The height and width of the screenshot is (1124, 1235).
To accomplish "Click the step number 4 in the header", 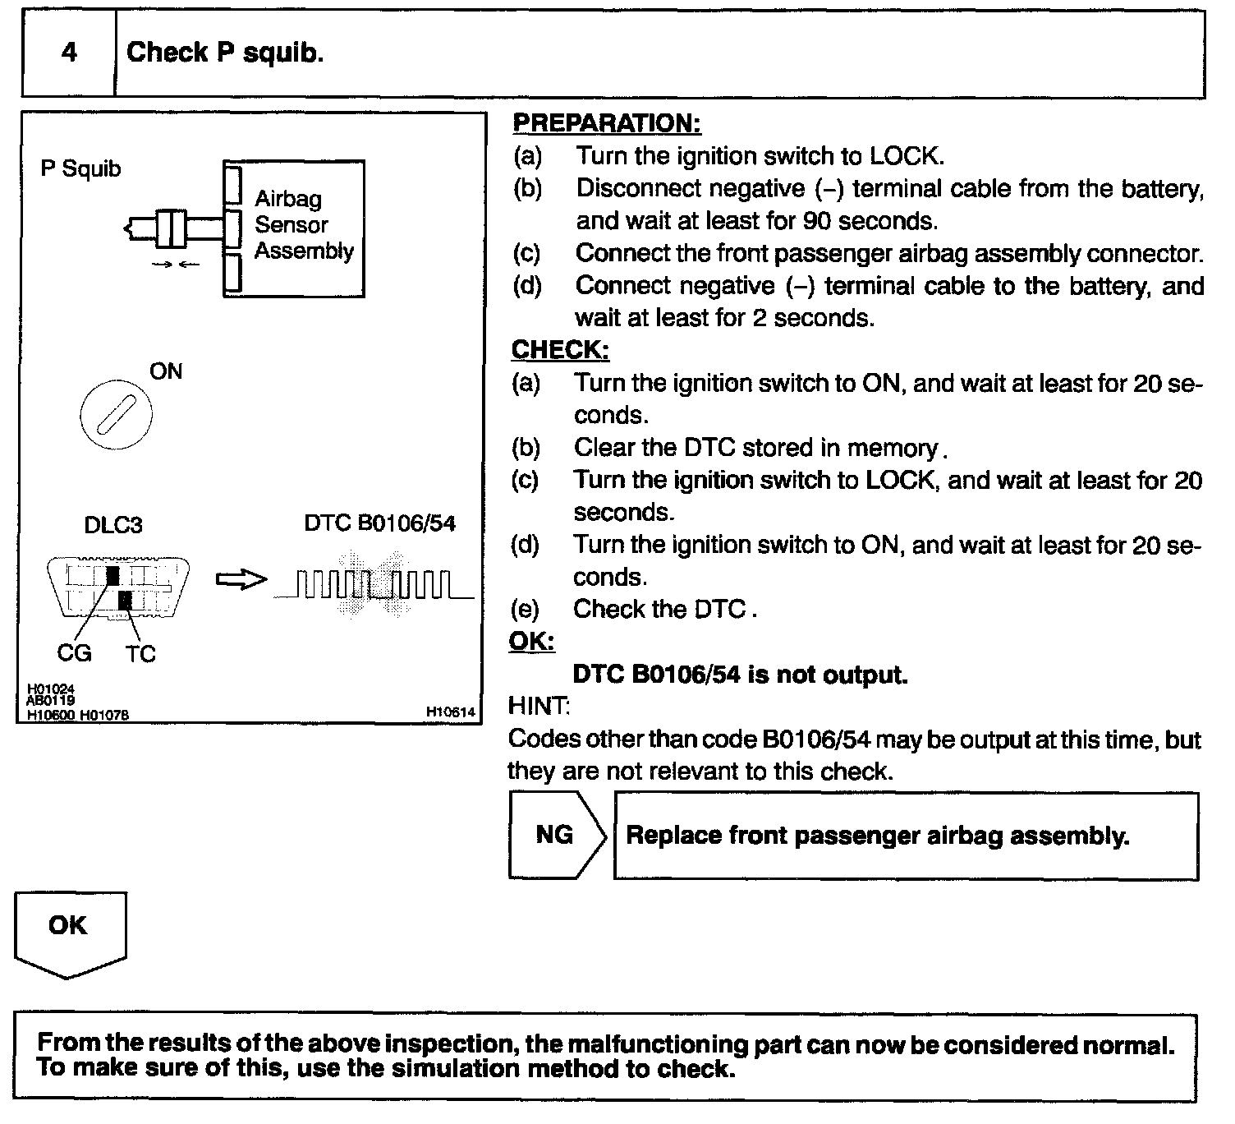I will pyautogui.click(x=69, y=53).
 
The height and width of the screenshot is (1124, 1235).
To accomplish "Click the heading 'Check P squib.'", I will pyautogui.click(x=225, y=53).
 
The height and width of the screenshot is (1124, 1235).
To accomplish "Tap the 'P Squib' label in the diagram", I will pyautogui.click(x=80, y=169).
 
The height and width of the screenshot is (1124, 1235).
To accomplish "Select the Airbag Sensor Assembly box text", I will pyautogui.click(x=303, y=224).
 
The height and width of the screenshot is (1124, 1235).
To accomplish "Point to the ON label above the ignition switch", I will pyautogui.click(x=166, y=371).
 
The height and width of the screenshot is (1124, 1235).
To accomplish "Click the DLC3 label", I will pyautogui.click(x=113, y=525).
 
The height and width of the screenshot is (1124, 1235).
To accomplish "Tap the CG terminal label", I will pyautogui.click(x=74, y=653).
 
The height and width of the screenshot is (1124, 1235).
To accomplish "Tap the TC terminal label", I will pyautogui.click(x=140, y=654).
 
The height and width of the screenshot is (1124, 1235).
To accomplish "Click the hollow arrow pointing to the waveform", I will pyautogui.click(x=241, y=580).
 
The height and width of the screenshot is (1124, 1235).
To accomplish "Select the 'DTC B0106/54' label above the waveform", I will pyautogui.click(x=379, y=523).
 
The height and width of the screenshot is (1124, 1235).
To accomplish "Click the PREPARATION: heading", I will pyautogui.click(x=607, y=123).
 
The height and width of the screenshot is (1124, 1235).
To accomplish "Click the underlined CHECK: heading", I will pyautogui.click(x=560, y=350).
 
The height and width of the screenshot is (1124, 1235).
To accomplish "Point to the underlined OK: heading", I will pyautogui.click(x=531, y=641).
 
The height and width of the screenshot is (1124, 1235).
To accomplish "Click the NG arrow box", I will pyautogui.click(x=557, y=835).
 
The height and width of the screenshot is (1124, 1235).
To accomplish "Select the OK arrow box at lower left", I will pyautogui.click(x=69, y=930).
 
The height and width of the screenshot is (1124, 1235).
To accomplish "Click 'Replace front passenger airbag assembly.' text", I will pyautogui.click(x=877, y=836).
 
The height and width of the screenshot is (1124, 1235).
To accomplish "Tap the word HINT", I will pyautogui.click(x=539, y=706).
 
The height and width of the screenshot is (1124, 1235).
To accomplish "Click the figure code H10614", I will pyautogui.click(x=451, y=713).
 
